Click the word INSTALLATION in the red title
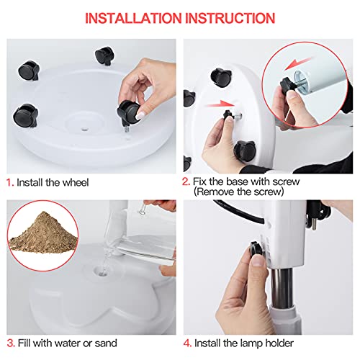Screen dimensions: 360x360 (133, 18)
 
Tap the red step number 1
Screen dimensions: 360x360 (10, 183)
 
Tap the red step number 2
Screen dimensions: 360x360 (186, 181)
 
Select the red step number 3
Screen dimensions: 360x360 (11, 343)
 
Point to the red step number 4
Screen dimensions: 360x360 (188, 343)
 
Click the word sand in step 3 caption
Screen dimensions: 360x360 (106, 343)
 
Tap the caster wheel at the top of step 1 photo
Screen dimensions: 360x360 (104, 55)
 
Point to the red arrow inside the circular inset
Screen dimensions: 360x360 (298, 64)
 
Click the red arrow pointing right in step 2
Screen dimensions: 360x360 (220, 104)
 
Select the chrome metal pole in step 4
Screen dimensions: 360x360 (283, 288)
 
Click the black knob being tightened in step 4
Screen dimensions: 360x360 (256, 249)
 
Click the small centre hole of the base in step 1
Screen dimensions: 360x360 (84, 130)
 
